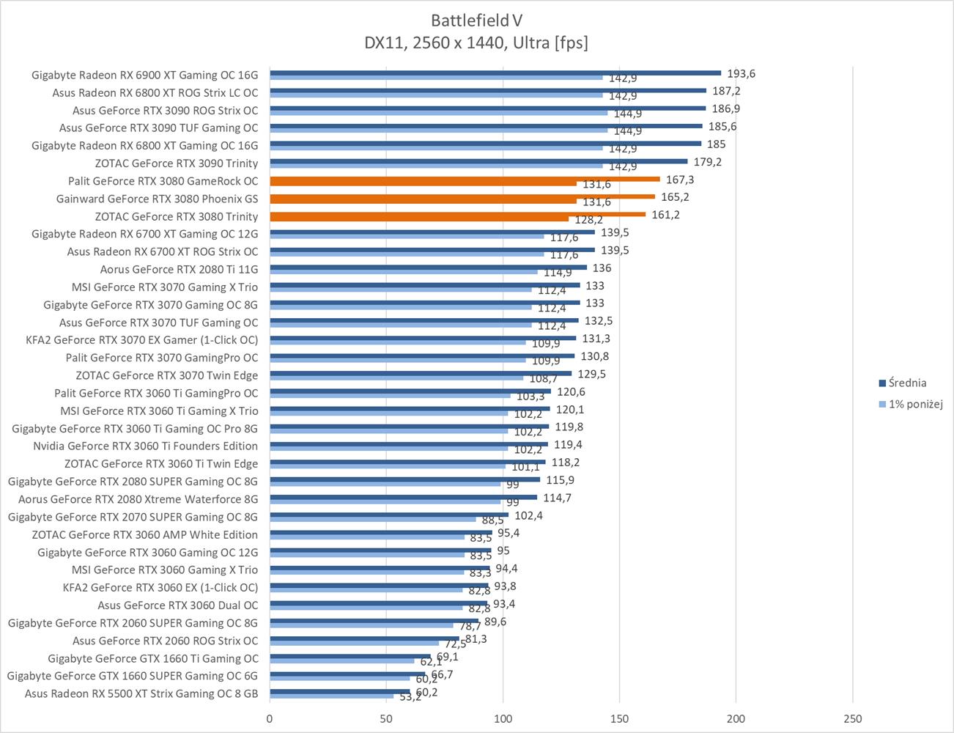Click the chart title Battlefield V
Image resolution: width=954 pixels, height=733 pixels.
pos(476,20)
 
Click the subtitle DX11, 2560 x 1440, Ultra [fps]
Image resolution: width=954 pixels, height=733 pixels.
pos(476,43)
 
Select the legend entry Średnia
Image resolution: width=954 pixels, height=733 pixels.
pos(907,383)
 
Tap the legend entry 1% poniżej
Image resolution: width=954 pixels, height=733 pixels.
pos(915,404)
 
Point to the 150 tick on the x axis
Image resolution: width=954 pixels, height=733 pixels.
pos(619,718)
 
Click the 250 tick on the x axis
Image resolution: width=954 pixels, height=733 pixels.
pos(852,718)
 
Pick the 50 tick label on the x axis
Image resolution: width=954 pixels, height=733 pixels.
pos(386,718)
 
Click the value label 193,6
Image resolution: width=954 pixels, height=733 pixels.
pos(741,73)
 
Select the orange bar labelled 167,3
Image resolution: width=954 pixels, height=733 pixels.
pos(465,179)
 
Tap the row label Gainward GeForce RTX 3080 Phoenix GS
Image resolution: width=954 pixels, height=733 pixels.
pos(157,199)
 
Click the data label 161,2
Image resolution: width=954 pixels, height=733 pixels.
pos(665,215)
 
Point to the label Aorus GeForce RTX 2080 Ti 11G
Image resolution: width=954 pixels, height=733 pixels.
pos(179,269)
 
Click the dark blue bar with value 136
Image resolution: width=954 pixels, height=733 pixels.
pos(428,268)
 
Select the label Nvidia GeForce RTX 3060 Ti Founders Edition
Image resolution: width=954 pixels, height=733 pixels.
pos(145,446)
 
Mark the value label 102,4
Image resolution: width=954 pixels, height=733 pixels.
pos(528,515)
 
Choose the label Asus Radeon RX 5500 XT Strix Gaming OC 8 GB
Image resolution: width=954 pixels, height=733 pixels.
pos(141,693)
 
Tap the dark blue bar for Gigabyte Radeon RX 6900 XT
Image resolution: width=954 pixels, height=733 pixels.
pos(495,73)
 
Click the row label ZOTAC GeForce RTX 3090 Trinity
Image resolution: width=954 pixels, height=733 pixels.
pos(176,163)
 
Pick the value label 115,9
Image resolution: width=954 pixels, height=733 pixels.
pos(560,480)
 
